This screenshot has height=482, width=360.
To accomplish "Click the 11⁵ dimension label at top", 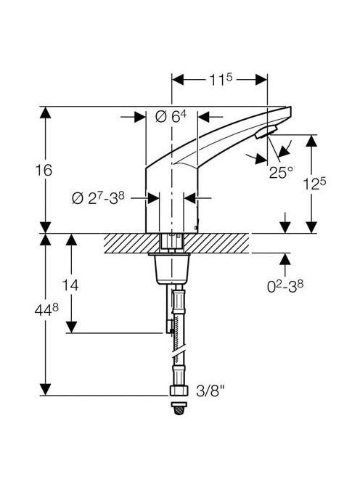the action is click(221, 80).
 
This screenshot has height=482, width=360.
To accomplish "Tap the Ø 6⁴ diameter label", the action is click(171, 116).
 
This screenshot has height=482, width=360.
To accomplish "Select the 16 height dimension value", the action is click(44, 171).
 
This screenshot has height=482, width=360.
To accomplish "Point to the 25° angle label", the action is click(281, 173).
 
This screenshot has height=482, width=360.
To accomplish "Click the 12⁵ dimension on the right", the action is click(314, 184).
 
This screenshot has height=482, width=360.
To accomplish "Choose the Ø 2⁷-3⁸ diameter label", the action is click(98, 198).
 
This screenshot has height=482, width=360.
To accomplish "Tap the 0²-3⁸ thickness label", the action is click(285, 287).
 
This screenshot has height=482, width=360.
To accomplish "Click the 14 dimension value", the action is click(70, 285).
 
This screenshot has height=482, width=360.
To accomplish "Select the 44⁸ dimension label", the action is click(46, 310).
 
